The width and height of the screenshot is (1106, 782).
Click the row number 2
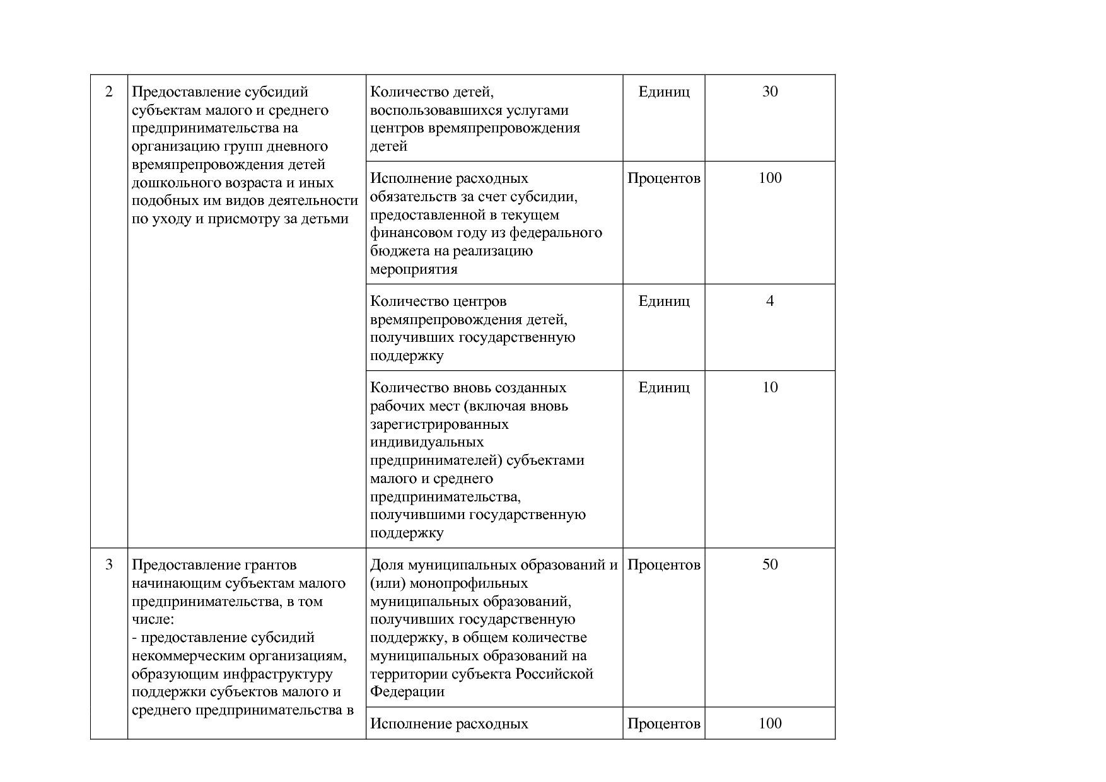click(109, 92)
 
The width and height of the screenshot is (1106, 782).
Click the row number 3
click(109, 565)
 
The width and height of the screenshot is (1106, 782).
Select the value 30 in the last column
click(770, 92)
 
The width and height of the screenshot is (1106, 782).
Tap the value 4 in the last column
click(770, 301)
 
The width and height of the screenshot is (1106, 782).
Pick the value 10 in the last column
click(770, 388)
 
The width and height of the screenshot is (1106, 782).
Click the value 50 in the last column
click(770, 565)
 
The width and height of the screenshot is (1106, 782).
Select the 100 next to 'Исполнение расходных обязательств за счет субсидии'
click(770, 178)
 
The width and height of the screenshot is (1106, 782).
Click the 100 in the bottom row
click(770, 724)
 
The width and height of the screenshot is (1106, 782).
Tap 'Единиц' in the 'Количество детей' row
click(664, 92)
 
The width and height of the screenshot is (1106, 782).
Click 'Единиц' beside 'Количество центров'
click(664, 301)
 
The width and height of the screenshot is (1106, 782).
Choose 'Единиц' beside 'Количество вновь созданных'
click(664, 388)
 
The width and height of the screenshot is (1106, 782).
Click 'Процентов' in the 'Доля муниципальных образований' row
click(664, 565)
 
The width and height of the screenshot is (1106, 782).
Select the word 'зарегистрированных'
click(439, 424)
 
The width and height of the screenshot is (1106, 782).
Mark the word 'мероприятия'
click(413, 269)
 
